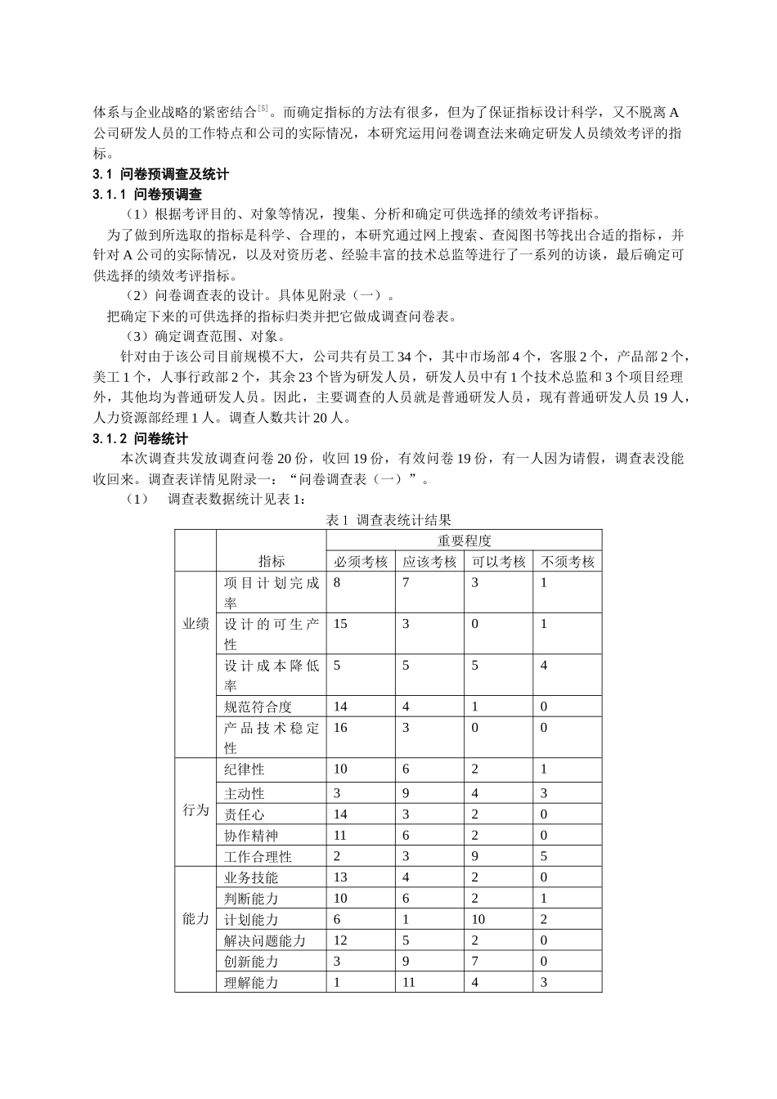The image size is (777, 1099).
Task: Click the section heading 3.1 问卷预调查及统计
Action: (x=161, y=174)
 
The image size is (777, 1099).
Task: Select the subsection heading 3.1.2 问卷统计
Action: (x=141, y=439)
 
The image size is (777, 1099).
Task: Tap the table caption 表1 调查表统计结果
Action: (x=388, y=520)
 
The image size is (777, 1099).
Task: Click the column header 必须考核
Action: (x=360, y=562)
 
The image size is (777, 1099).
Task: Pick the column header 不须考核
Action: (x=567, y=562)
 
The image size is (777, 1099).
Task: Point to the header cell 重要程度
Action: (x=464, y=541)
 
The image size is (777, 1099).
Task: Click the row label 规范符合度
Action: (x=258, y=707)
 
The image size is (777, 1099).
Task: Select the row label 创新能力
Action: (x=251, y=962)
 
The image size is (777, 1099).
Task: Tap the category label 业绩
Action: (x=195, y=624)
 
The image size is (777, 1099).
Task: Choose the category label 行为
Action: (x=195, y=812)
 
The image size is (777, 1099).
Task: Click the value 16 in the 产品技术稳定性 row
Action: (x=340, y=728)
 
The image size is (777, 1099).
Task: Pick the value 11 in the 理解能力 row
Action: (x=409, y=983)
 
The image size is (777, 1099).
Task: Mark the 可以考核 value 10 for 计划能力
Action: (x=478, y=919)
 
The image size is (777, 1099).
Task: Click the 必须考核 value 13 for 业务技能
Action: (x=340, y=877)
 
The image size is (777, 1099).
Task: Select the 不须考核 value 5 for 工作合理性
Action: (x=544, y=857)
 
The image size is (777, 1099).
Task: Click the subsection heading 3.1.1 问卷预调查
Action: (x=147, y=195)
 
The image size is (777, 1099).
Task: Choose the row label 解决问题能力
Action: (x=265, y=941)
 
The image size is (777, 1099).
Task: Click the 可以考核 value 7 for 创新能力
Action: (x=475, y=962)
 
